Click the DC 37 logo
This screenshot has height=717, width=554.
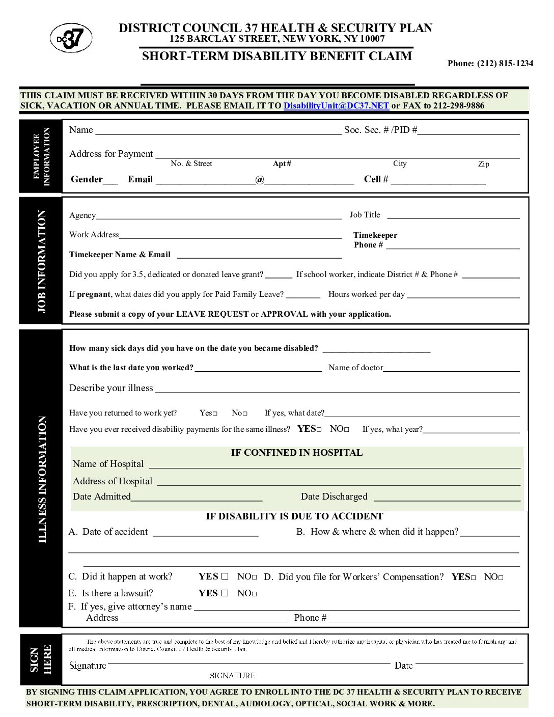[x=71, y=39]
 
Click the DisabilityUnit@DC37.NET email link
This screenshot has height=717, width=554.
[x=336, y=106]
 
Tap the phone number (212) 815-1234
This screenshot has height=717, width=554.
[x=490, y=63]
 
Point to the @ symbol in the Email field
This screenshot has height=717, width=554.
[x=260, y=180]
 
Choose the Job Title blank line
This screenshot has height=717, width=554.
[x=453, y=215]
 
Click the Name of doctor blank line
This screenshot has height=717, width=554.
[x=451, y=368]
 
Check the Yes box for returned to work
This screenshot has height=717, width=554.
[x=215, y=413]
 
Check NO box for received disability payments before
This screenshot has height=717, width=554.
[x=346, y=430]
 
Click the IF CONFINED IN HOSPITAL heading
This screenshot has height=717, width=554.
[x=297, y=453]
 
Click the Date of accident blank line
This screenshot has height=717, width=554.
[x=206, y=533]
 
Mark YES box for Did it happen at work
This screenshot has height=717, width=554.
[x=225, y=577]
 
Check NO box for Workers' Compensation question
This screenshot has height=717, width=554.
[x=501, y=577]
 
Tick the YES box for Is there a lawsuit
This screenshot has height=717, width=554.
[x=225, y=593]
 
